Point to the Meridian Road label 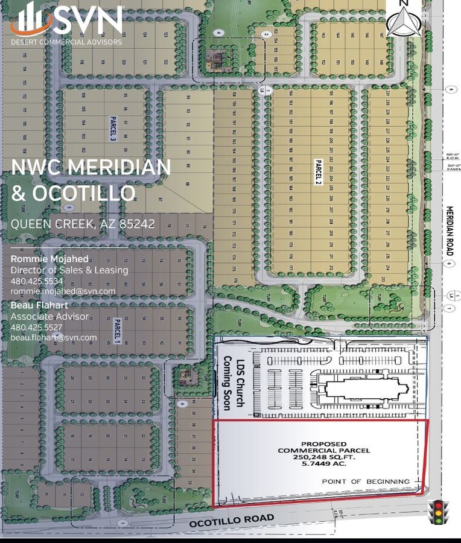tap(450, 232)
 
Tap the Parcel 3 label tap(112, 129)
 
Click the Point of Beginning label tap(366, 481)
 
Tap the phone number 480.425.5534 tap(37, 281)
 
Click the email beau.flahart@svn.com tap(54, 337)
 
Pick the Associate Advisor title tap(49, 317)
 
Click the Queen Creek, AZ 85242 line tap(83, 224)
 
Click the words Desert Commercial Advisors tap(66, 42)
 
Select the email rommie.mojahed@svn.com tap(63, 291)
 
